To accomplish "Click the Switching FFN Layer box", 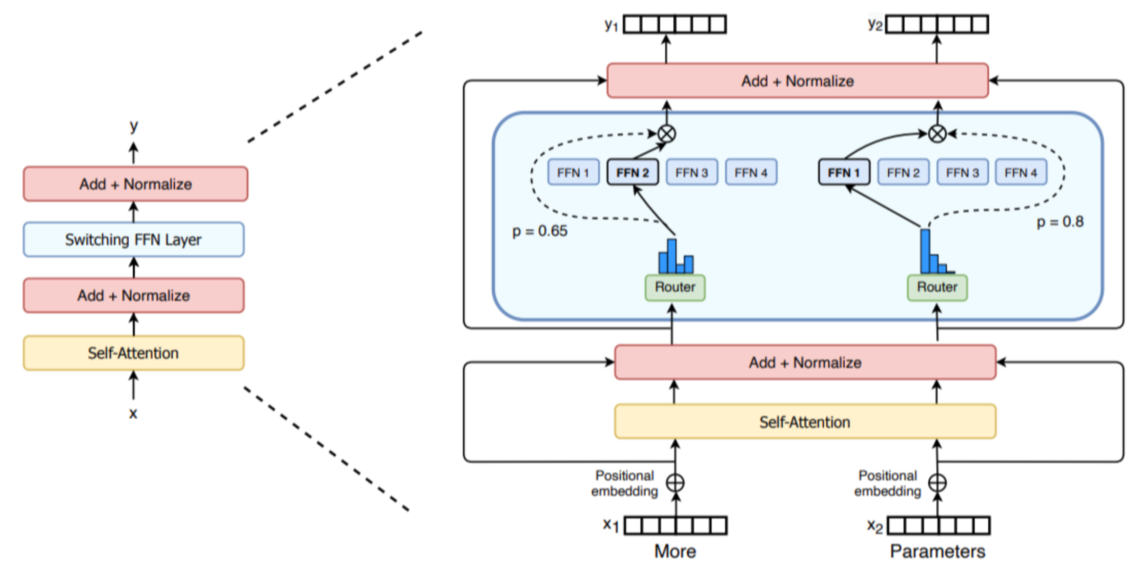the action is coord(134,240).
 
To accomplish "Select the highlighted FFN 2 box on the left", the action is coord(632,172).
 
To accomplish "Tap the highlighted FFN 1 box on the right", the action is coord(844,172).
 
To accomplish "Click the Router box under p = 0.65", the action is coord(675,287).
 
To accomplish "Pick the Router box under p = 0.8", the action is coord(937,287).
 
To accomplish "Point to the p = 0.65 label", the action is coord(540,231).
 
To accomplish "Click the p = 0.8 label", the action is coord(1060,222).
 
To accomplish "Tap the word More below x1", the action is coord(675,551).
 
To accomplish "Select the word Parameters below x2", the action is coord(937,551).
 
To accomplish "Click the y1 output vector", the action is coord(675,24).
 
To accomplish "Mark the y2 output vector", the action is coord(937,24).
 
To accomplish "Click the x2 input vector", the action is coord(938,526).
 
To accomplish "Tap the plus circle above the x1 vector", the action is coord(675,483).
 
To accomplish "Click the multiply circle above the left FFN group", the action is coord(667,133).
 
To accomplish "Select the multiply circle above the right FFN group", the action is coord(937,133).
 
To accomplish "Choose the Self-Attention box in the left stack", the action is coord(134,353).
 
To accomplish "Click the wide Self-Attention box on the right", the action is coord(805,422).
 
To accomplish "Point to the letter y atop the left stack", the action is coord(134,126).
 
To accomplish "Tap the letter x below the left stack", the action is coord(133,413).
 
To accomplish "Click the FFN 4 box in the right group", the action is coord(1021,172).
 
